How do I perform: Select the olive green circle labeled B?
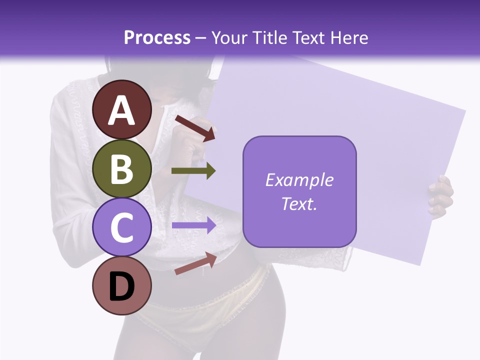pos(122,168)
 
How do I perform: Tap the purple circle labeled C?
pos(122,227)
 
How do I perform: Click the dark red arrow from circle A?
pos(195,127)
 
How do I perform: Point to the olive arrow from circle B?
pos(193,171)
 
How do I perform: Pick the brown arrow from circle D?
pos(195,264)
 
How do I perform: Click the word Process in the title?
pos(157,37)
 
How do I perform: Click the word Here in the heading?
pos(350,37)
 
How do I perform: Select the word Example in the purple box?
pos(299,180)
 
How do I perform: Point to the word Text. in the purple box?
pos(299,204)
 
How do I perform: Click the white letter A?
pos(122,110)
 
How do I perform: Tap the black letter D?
pos(122,286)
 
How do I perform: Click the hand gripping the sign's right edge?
pos(440,196)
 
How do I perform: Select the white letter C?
pos(122,227)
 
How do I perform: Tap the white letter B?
pos(122,168)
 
